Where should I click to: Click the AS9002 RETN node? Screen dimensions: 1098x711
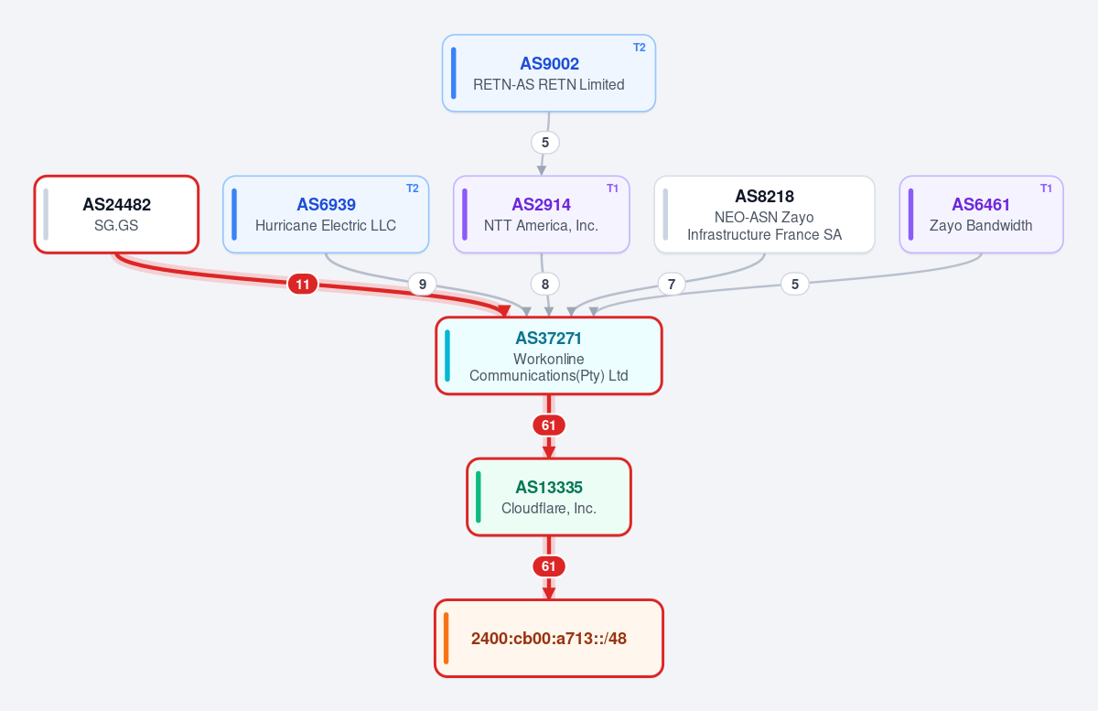click(x=548, y=73)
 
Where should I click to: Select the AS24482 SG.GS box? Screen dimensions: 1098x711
click(x=116, y=214)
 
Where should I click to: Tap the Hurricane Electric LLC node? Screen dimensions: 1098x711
click(x=326, y=214)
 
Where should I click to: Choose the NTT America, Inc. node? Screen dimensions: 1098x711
click(x=541, y=214)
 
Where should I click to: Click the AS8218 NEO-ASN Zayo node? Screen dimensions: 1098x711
click(x=764, y=214)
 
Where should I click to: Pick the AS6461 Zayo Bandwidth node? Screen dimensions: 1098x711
click(x=981, y=214)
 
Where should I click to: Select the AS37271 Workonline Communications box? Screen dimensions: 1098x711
click(x=548, y=355)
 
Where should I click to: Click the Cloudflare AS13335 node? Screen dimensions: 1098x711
click(x=548, y=497)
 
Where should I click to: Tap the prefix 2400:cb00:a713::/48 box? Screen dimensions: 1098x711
click(x=548, y=638)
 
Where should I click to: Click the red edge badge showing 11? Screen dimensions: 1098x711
click(x=303, y=284)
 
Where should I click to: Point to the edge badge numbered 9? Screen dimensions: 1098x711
click(x=423, y=284)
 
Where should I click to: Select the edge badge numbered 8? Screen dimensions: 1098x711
click(x=545, y=284)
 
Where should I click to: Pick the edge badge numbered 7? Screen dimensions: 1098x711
click(x=672, y=284)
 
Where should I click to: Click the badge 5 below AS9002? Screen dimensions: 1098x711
click(x=545, y=143)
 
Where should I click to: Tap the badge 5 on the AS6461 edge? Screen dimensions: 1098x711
click(x=795, y=284)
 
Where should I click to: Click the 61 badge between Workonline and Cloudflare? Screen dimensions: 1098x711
click(x=548, y=426)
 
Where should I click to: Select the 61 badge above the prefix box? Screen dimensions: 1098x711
click(x=548, y=566)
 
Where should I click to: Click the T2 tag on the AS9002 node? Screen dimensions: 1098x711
click(x=640, y=48)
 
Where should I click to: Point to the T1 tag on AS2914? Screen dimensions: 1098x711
click(x=612, y=189)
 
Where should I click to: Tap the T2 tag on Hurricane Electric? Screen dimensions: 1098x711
click(x=413, y=189)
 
